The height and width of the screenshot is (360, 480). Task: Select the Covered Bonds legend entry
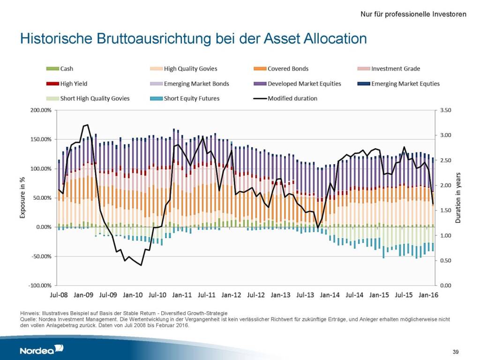(x=287, y=68)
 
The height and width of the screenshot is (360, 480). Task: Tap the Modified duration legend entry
(x=292, y=98)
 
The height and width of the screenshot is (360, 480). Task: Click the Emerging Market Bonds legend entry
(x=196, y=83)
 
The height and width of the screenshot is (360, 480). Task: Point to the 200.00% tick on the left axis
(x=41, y=111)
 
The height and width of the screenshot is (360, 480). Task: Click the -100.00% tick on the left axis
(x=40, y=285)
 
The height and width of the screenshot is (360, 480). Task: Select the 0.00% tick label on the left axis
(x=43, y=227)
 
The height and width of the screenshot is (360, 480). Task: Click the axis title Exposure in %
(x=22, y=198)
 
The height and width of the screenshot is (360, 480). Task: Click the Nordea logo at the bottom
(x=41, y=349)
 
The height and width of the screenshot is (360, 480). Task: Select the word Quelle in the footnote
(x=28, y=319)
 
